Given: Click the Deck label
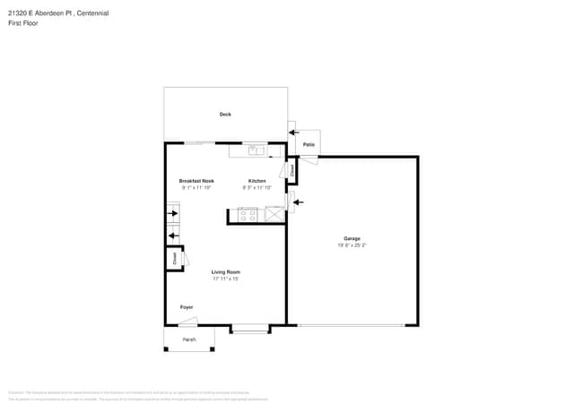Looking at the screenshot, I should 225,115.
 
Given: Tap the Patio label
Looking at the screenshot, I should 308,144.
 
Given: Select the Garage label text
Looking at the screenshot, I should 352,238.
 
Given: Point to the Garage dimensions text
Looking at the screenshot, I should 352,245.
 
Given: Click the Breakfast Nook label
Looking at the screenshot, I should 196,181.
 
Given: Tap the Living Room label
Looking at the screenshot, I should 225,272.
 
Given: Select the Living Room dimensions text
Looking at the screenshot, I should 225,279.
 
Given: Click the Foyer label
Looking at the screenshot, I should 187,307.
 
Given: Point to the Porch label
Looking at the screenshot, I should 189,340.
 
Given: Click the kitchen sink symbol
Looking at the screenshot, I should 258,150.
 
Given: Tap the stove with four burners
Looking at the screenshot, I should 248,214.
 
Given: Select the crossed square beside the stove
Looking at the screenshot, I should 274,214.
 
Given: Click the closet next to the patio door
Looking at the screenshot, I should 291,168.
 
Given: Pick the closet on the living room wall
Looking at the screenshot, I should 173,258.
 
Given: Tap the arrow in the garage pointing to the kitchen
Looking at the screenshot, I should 298,202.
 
